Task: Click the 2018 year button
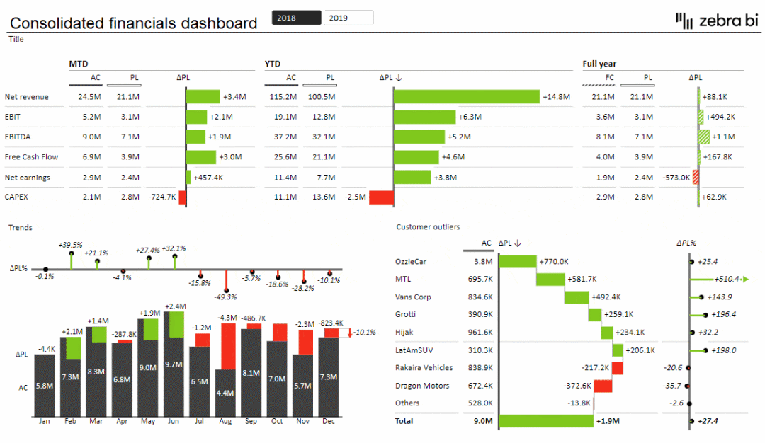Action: tap(296, 18)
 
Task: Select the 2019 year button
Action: tap(348, 18)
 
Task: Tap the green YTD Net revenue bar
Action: tap(467, 97)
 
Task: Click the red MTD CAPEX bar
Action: tap(182, 197)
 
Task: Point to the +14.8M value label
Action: tap(556, 97)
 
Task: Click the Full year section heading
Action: tap(599, 64)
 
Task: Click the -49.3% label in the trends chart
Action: tap(225, 297)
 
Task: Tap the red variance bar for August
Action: tap(227, 346)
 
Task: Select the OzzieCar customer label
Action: tap(411, 262)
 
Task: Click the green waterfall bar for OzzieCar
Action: tap(517, 262)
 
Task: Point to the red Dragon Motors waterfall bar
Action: tap(603, 386)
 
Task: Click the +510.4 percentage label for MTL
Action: tap(728, 280)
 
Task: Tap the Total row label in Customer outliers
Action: tap(405, 421)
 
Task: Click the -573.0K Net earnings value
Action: tap(676, 177)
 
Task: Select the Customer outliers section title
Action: tap(428, 227)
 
